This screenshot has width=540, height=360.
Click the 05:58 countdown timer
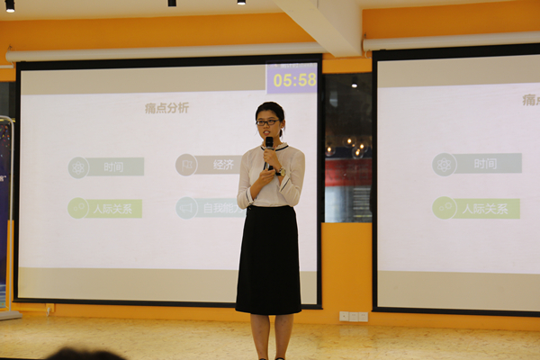click(292, 79)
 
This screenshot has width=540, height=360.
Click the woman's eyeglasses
click(267, 121)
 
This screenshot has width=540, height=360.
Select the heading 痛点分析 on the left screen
click(166, 108)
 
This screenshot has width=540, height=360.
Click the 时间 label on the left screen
click(114, 166)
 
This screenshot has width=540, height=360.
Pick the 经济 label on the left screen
click(223, 165)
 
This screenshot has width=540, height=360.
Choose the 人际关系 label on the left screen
click(115, 208)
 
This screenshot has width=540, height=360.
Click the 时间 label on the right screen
click(486, 164)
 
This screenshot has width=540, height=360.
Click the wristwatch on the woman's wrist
click(279, 172)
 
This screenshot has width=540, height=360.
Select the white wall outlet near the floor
click(353, 316)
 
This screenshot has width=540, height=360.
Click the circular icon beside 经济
click(186, 165)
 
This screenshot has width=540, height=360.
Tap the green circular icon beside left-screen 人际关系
click(78, 208)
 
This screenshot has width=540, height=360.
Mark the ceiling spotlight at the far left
click(10, 5)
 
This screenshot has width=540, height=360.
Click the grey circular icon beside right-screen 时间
click(444, 164)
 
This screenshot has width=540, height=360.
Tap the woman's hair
click(270, 109)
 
